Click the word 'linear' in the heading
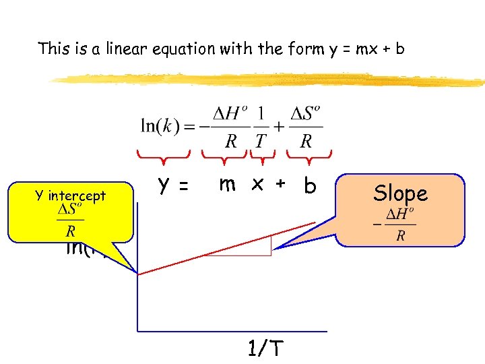click(126, 49)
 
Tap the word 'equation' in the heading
click(179, 49)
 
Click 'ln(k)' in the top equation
click(160, 125)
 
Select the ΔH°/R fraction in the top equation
click(226, 125)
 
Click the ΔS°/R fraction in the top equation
click(306, 125)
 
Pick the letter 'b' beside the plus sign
click(310, 185)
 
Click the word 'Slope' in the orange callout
click(401, 193)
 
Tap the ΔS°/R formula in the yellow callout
click(71, 220)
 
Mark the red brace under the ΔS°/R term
click(309, 156)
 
